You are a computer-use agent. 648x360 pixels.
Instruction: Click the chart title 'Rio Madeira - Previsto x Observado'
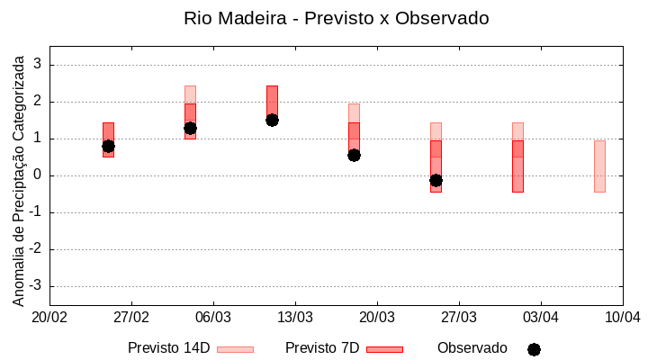337,18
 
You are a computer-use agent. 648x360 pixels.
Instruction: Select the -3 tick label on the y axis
36,286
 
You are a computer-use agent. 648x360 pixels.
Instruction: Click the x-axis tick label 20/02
49,317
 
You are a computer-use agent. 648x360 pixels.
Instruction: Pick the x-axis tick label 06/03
213,317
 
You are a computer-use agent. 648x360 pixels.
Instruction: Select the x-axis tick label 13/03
295,317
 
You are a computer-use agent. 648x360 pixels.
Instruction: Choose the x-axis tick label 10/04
622,317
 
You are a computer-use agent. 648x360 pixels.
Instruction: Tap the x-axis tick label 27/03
459,317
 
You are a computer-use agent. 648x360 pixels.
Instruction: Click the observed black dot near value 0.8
108,146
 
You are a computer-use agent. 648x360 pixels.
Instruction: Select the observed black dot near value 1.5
272,120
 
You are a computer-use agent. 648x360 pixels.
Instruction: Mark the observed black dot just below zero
436,180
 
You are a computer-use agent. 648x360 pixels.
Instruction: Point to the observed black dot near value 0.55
354,155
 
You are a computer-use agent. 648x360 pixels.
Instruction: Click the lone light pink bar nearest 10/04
599,166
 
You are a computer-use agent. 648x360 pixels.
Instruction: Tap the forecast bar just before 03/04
517,166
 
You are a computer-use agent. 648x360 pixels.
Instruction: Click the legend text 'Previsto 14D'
169,348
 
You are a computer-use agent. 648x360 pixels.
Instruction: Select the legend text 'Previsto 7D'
322,348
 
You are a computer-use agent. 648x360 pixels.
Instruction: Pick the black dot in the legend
534,349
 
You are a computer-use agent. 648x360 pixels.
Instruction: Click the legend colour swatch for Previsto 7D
384,349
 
